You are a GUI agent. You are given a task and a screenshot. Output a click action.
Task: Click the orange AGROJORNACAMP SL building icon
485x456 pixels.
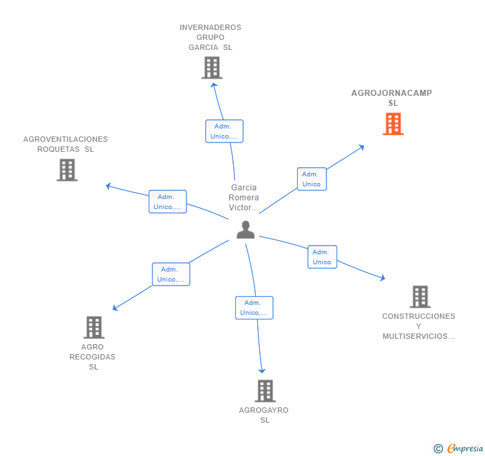tap(393, 124)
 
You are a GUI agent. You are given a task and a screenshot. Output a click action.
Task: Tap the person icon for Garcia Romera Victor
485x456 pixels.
tap(246, 230)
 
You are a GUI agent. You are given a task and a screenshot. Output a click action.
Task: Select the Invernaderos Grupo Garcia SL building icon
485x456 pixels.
tap(211, 68)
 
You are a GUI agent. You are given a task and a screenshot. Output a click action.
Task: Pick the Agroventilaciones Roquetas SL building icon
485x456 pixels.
tap(67, 170)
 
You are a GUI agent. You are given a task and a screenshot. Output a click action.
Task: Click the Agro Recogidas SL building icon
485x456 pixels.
tap(94, 327)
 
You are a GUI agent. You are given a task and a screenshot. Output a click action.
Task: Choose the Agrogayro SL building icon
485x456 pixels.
tap(265, 391)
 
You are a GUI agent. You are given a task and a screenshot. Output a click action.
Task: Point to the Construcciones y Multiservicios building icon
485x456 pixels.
tap(420, 297)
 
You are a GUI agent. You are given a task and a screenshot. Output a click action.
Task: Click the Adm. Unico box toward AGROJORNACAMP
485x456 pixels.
tap(311, 179)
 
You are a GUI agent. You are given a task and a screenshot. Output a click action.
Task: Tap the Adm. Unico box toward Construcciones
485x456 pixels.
tap(322, 257)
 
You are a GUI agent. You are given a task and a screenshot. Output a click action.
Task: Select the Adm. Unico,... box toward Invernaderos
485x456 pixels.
tap(224, 131)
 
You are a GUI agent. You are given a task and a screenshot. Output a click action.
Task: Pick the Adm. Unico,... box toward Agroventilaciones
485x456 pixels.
tap(167, 202)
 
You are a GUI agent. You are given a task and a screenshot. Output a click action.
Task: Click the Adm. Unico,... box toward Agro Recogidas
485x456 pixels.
tap(171, 274)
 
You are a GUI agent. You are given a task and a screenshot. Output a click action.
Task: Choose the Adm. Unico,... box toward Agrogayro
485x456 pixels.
tap(254, 308)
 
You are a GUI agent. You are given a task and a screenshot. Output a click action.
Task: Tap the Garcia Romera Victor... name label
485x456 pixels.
tap(243, 198)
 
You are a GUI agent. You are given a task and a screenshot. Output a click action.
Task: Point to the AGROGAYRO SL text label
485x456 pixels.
tap(264, 415)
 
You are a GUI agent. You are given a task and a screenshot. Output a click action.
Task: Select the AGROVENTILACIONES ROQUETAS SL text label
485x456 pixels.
tap(65, 144)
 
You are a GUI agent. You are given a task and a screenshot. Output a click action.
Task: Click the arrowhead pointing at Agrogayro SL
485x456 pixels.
tap(262, 370)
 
